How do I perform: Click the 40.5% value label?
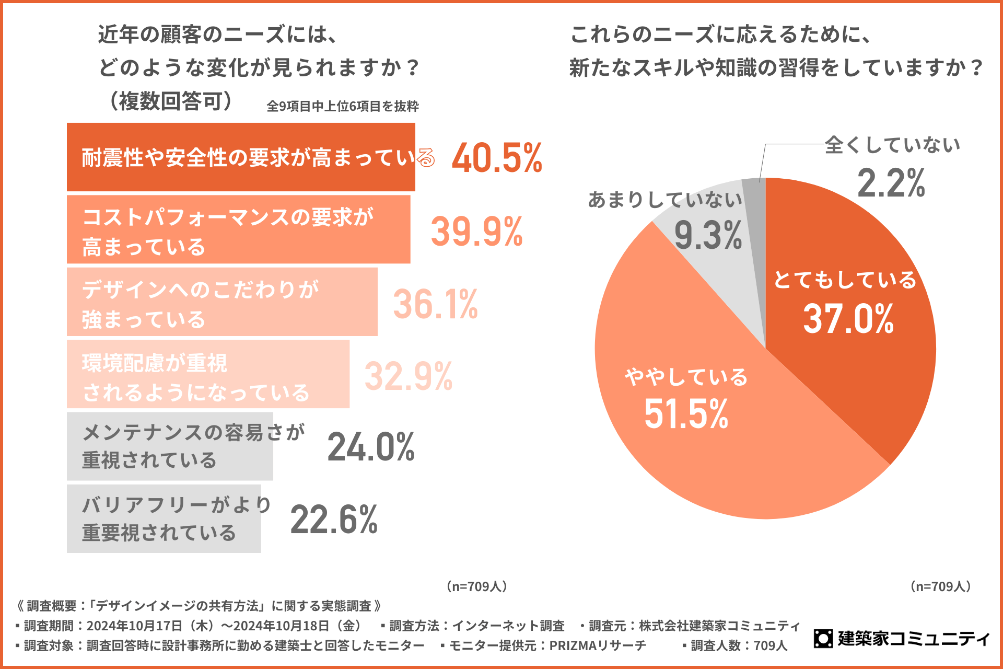[497, 157]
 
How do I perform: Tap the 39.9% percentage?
[476, 231]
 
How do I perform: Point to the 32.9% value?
[408, 376]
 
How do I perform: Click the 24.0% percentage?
[371, 447]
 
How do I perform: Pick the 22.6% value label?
[334, 520]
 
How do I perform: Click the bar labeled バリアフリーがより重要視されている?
[164, 518]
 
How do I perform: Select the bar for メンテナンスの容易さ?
[170, 446]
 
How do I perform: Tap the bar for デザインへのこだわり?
[222, 302]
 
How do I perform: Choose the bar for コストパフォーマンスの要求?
[238, 229]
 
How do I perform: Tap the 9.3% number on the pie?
[708, 235]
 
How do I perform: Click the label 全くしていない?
[892, 145]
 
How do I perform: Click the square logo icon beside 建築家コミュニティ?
[823, 638]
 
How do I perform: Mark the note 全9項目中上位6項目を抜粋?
[343, 106]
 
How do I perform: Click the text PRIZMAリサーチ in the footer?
[598, 645]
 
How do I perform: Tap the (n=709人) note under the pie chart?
[940, 586]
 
